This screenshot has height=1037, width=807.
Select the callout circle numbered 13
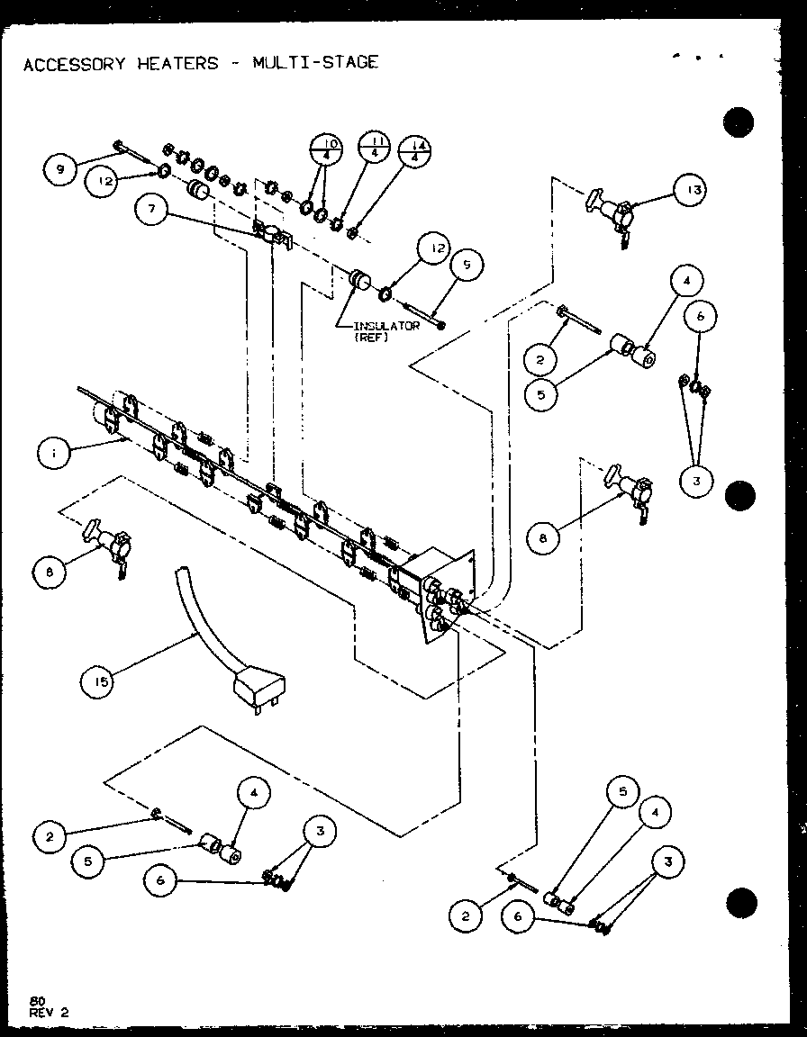(x=693, y=190)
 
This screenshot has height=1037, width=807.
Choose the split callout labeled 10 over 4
(x=327, y=152)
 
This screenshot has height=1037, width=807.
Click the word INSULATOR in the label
(x=385, y=326)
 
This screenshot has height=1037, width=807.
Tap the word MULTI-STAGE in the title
(x=315, y=62)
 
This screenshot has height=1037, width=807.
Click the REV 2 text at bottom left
(x=48, y=1011)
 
